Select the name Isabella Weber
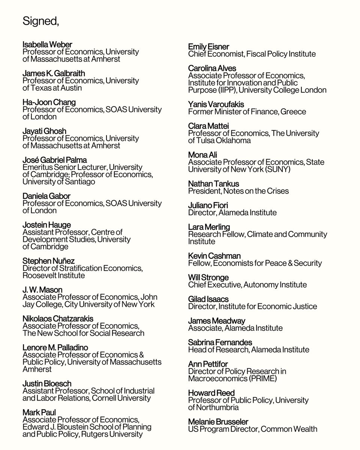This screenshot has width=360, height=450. click(x=47, y=45)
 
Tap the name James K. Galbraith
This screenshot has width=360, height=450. click(x=54, y=74)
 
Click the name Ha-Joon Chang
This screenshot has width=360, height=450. click(x=49, y=103)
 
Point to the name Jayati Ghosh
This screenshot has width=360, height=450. click(x=44, y=131)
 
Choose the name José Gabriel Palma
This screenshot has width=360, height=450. click(x=55, y=160)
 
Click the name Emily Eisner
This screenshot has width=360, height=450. click(x=208, y=47)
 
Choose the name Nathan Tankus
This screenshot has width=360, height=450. click(x=213, y=184)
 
